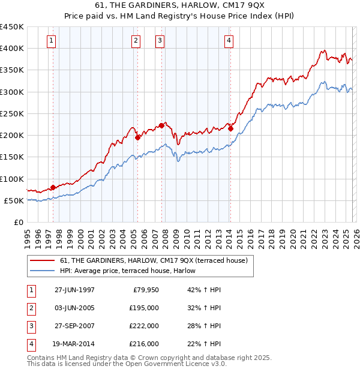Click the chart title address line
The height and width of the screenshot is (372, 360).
[x=179, y=5]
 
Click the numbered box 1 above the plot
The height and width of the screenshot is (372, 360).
[x=51, y=41]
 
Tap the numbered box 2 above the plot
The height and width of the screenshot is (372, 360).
[x=136, y=41]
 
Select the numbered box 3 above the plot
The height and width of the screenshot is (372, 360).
[x=160, y=41]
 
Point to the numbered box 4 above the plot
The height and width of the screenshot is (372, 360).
[x=229, y=41]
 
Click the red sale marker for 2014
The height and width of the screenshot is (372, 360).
[x=230, y=128]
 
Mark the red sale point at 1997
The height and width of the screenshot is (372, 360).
[x=53, y=187]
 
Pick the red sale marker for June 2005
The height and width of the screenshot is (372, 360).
[x=137, y=137]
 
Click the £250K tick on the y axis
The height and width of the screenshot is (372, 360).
[x=12, y=113]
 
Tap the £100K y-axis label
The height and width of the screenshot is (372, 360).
[x=12, y=179]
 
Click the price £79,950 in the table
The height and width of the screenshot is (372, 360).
[x=144, y=290]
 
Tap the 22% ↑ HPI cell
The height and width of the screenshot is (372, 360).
[x=203, y=344]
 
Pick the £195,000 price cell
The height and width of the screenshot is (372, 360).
[x=144, y=308]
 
